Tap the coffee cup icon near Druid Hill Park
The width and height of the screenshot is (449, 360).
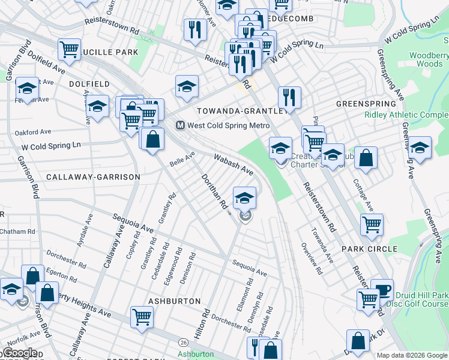pos(382,290)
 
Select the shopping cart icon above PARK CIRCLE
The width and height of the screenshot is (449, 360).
pos(372,225)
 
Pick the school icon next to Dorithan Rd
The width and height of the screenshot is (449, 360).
pos(244,198)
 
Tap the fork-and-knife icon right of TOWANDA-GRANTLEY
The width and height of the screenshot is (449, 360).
pos(289,97)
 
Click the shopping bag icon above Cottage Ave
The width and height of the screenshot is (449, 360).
pos(366,158)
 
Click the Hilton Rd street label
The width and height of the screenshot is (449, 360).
pos(205,322)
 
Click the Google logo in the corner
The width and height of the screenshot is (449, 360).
pos(20,353)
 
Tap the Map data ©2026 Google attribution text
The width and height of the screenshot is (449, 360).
pos(412,355)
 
